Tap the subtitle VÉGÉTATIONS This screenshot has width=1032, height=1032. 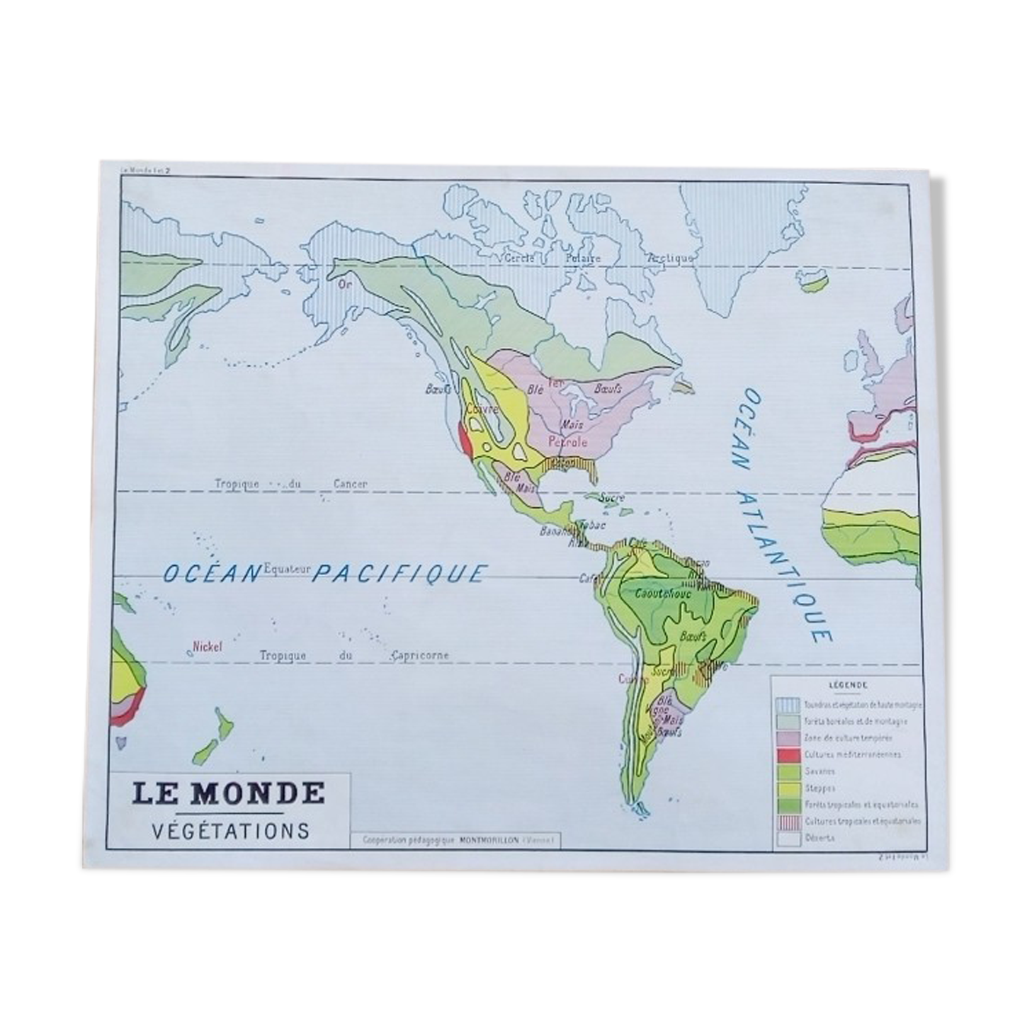click(231, 830)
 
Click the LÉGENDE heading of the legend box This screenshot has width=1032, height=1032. click(846, 685)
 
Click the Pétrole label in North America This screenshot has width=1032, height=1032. click(567, 442)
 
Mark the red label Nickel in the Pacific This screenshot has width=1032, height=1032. click(208, 646)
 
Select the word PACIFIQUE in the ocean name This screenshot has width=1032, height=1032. click(399, 573)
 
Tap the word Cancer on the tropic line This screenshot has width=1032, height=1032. click(350, 484)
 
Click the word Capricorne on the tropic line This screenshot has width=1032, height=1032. click(422, 655)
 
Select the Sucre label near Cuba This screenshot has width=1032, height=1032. click(612, 498)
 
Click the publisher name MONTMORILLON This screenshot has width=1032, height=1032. click(489, 841)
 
